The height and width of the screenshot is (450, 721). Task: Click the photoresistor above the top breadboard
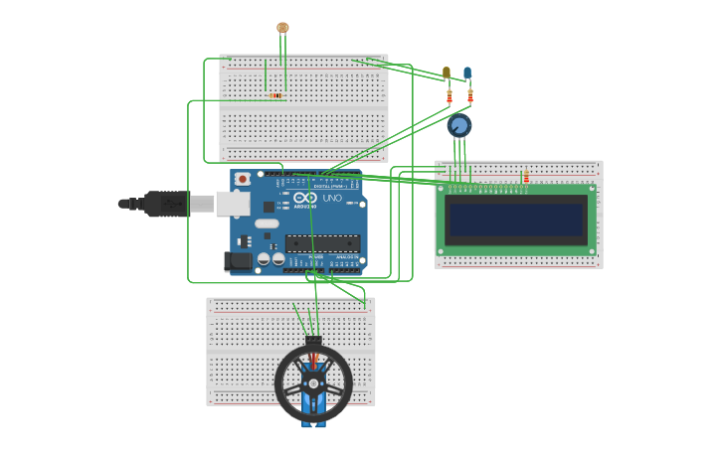point(282,28)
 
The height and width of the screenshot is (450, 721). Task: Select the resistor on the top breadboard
point(275,96)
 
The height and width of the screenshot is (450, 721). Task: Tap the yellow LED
point(447,73)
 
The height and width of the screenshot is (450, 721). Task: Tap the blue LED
point(467,73)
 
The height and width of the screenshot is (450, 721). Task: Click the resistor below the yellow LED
point(450,97)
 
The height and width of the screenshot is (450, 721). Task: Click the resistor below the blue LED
point(470,97)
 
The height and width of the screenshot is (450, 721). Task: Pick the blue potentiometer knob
point(458,126)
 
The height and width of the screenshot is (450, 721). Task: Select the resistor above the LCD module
point(526,177)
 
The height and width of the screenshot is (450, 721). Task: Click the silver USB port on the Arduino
point(233,204)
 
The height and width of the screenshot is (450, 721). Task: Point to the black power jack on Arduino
point(239,261)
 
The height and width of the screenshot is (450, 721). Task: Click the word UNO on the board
point(331,199)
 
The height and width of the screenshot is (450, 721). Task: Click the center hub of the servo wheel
point(313,382)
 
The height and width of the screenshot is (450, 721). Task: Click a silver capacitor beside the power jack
point(265,259)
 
